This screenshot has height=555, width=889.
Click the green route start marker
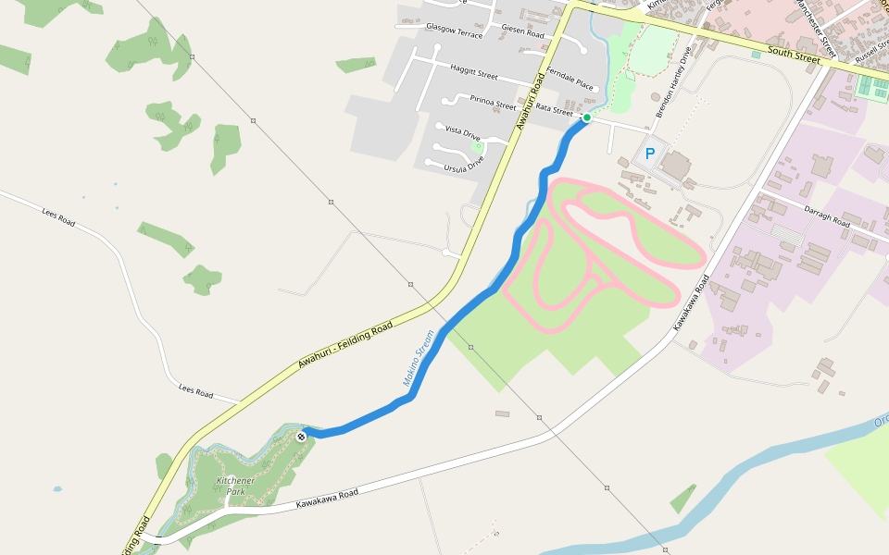coord(586,117)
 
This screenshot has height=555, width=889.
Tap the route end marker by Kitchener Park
coord(302,435)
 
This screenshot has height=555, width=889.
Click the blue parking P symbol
coord(650,154)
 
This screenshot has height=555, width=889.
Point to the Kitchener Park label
coord(235,486)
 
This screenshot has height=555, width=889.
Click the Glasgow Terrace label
coord(454,30)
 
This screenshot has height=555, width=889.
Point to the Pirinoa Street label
coord(493,102)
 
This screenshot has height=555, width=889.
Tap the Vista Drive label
coord(463,132)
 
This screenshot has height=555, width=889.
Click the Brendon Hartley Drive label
coord(672,81)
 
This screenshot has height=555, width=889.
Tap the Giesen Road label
coord(523,31)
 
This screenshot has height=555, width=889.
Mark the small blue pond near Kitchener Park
coord(58,488)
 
